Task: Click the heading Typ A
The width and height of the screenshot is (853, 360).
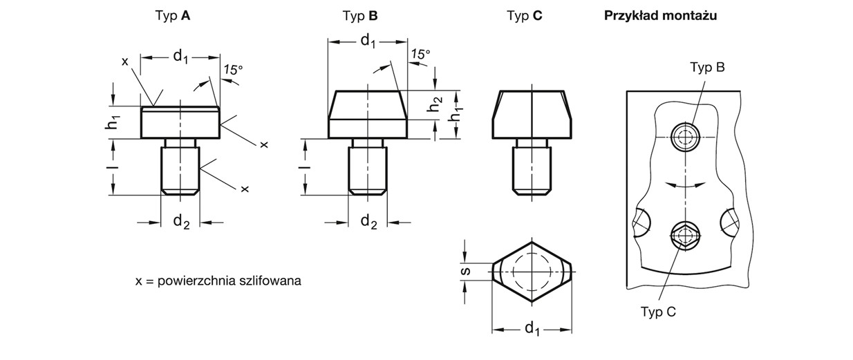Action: pyautogui.click(x=174, y=15)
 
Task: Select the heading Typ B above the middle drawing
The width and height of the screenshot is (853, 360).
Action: pyautogui.click(x=360, y=15)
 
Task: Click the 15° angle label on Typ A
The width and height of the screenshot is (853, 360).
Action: pyautogui.click(x=234, y=69)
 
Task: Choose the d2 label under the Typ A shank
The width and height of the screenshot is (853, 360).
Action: pyautogui.click(x=180, y=222)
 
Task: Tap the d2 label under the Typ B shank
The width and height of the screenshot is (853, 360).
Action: pyautogui.click(x=369, y=222)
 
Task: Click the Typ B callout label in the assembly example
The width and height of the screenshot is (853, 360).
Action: pyautogui.click(x=706, y=67)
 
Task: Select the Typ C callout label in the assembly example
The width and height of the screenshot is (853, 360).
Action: pyautogui.click(x=657, y=312)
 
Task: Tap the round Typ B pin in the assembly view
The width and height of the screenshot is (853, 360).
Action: pyautogui.click(x=686, y=137)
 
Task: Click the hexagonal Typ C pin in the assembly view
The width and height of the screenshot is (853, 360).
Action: pyautogui.click(x=685, y=236)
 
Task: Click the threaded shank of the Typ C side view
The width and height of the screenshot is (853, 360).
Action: pyautogui.click(x=532, y=167)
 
